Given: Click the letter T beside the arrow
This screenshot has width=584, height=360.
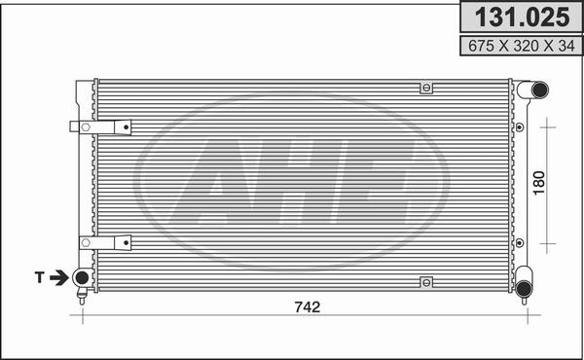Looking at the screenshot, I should tap(41, 278).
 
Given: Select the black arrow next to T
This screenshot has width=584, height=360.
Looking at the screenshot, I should tap(59, 278).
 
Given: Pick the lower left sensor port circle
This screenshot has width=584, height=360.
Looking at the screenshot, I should tap(81, 279).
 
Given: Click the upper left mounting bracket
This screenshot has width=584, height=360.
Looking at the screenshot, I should tap(100, 126).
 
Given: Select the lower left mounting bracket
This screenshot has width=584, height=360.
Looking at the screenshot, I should tap(100, 241).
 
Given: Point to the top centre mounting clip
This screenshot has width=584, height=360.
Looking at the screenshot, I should tap(425, 89).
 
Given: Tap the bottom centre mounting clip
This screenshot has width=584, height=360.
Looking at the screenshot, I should tap(425, 282).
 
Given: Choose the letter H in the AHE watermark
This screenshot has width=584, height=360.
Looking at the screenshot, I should tap(302, 179).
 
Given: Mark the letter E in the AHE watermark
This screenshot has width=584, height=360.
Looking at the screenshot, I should tap(375, 179).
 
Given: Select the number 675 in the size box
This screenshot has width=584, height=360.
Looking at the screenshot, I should tap(474, 45).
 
